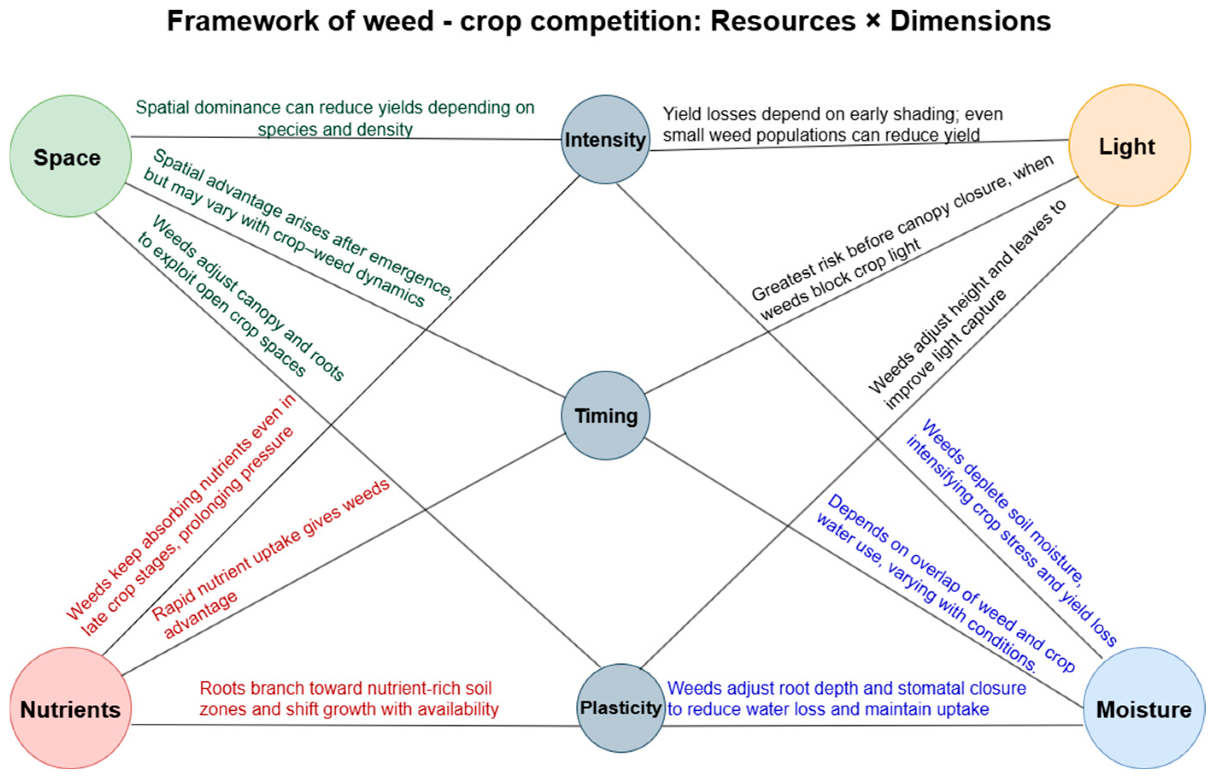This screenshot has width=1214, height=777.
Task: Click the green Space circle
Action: click(70, 156)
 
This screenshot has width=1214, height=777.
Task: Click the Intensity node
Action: click(605, 140)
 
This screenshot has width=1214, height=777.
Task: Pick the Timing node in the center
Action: click(605, 416)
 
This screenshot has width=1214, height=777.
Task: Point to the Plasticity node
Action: click(620, 707)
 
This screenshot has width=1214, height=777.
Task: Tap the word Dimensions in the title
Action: click(970, 21)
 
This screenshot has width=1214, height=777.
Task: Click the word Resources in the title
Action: click(783, 21)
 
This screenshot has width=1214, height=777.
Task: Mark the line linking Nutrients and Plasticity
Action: click(353, 725)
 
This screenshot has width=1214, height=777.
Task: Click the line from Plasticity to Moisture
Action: click(873, 726)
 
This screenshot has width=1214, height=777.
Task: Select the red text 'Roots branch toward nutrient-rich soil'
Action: click(345, 688)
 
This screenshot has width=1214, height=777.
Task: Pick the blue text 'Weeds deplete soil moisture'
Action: click(1002, 499)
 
